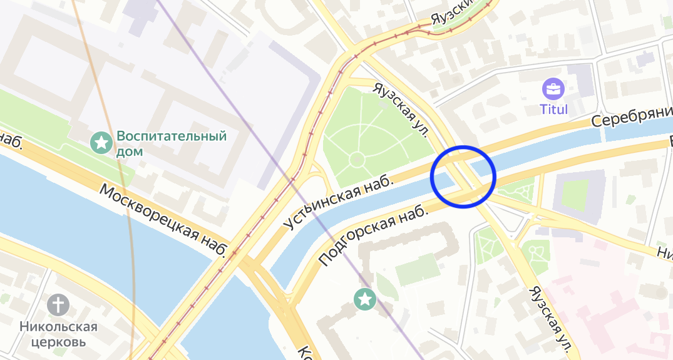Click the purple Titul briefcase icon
pos(553,88)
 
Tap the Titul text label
pos(553,110)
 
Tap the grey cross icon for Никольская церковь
pos(58,305)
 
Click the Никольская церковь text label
pos(58,334)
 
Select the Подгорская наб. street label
pos(373,235)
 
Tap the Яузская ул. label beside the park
pos(401,110)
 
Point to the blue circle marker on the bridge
pos(463,177)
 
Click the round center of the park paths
pos(357,160)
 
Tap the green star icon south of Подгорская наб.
pos(364,299)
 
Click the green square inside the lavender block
pos(575,194)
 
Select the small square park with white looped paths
pos(536,252)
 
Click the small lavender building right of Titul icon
pos(582,81)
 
